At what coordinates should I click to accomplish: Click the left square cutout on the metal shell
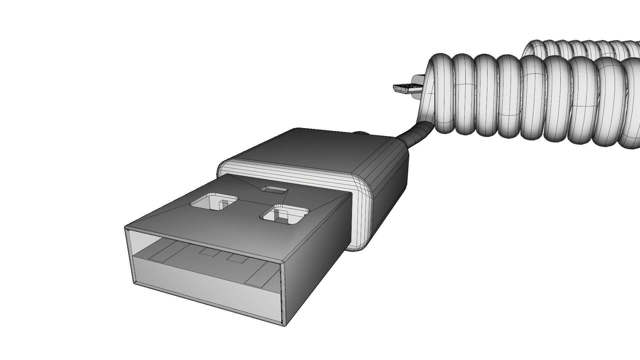(213, 202)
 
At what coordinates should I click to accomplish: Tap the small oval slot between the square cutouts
(274, 190)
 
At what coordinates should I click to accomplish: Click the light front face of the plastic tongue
(207, 283)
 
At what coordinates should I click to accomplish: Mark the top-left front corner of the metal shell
(126, 228)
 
